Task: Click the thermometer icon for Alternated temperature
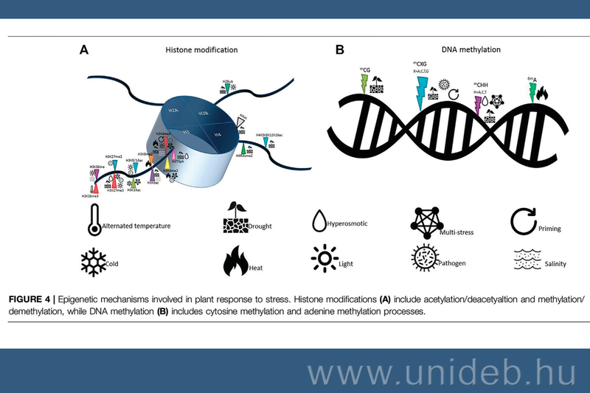[x=93, y=219]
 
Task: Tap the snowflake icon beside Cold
[x=93, y=261]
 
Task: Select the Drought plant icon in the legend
[x=235, y=219]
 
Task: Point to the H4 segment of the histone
[x=217, y=136]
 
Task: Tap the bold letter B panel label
[x=340, y=50]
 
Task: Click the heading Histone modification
[x=206, y=50]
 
